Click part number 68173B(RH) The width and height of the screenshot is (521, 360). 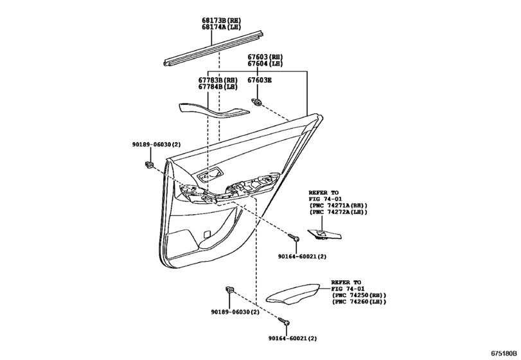(x=221, y=21)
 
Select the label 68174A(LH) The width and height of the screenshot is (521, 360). (x=221, y=27)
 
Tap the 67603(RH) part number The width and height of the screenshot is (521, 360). (x=265, y=57)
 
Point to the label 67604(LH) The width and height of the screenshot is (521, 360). (x=265, y=64)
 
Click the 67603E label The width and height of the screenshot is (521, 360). (x=260, y=80)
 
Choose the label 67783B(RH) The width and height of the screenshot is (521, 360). (x=218, y=80)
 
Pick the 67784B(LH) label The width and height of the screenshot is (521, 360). (x=218, y=87)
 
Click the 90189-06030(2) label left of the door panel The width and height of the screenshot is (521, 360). (x=156, y=145)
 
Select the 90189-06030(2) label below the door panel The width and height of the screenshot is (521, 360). (x=235, y=312)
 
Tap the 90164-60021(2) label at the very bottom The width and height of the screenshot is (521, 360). (x=293, y=338)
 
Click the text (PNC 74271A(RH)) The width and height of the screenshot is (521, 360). (x=339, y=206)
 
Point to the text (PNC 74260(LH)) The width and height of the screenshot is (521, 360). (x=359, y=302)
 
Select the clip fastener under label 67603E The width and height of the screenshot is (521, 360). (x=257, y=102)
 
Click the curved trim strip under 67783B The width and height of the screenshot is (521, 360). (x=214, y=110)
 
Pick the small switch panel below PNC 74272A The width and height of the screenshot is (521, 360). (x=324, y=235)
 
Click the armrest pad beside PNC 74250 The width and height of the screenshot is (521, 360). (x=292, y=293)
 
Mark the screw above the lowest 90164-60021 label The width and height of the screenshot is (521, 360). (x=284, y=321)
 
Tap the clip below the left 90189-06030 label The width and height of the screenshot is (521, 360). (x=150, y=164)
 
